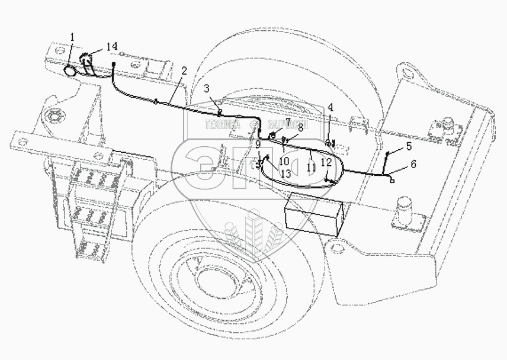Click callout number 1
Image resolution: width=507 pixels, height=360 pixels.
72,37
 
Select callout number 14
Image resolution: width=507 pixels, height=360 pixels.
112,46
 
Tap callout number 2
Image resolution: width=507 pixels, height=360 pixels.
184,70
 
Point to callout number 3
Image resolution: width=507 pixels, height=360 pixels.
206,89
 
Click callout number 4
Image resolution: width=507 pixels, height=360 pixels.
330,107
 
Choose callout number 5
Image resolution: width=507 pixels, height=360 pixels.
408,146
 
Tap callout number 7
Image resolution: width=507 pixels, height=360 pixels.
288,121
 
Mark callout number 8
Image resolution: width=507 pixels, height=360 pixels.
300,127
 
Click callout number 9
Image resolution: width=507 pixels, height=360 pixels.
258,143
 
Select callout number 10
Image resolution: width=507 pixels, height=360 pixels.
284,161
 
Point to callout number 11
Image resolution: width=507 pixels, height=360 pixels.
310,168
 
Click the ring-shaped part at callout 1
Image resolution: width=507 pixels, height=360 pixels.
70,71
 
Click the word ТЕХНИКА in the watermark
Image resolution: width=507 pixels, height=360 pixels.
222,125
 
